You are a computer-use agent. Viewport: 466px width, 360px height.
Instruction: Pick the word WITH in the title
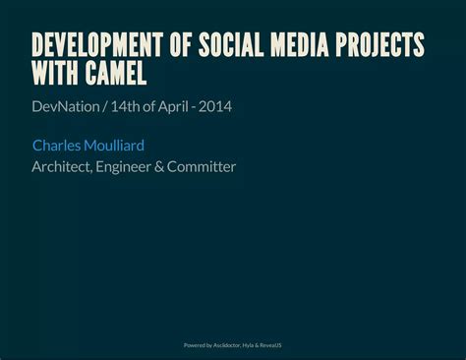tap(53, 74)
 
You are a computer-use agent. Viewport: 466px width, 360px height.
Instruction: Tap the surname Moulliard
tap(115, 146)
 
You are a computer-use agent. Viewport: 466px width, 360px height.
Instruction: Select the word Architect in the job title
tap(61, 167)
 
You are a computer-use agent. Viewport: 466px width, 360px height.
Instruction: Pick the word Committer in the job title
tap(202, 167)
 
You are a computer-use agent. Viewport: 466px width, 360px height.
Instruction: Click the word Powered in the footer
tap(196, 345)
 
